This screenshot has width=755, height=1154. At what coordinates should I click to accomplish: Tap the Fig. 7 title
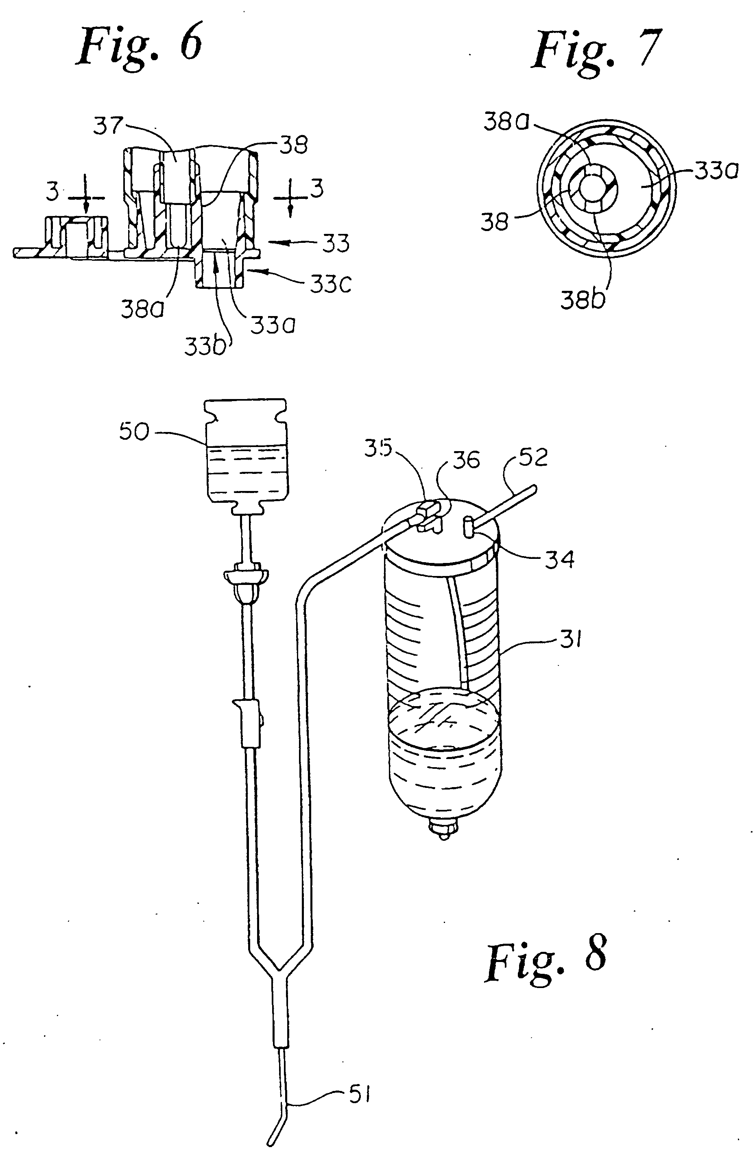tap(596, 51)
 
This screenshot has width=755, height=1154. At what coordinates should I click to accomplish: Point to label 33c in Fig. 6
tap(330, 285)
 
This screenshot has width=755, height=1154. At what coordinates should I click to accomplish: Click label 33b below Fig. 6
tap(205, 346)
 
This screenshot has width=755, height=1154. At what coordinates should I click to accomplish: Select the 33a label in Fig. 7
tap(716, 171)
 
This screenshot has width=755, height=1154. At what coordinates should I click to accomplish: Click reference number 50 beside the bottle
tap(134, 431)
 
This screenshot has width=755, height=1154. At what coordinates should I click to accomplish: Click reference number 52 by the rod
tap(532, 457)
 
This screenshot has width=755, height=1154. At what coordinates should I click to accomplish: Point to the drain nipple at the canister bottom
tap(443, 831)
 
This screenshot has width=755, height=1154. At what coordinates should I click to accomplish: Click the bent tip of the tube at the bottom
tap(275, 1134)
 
